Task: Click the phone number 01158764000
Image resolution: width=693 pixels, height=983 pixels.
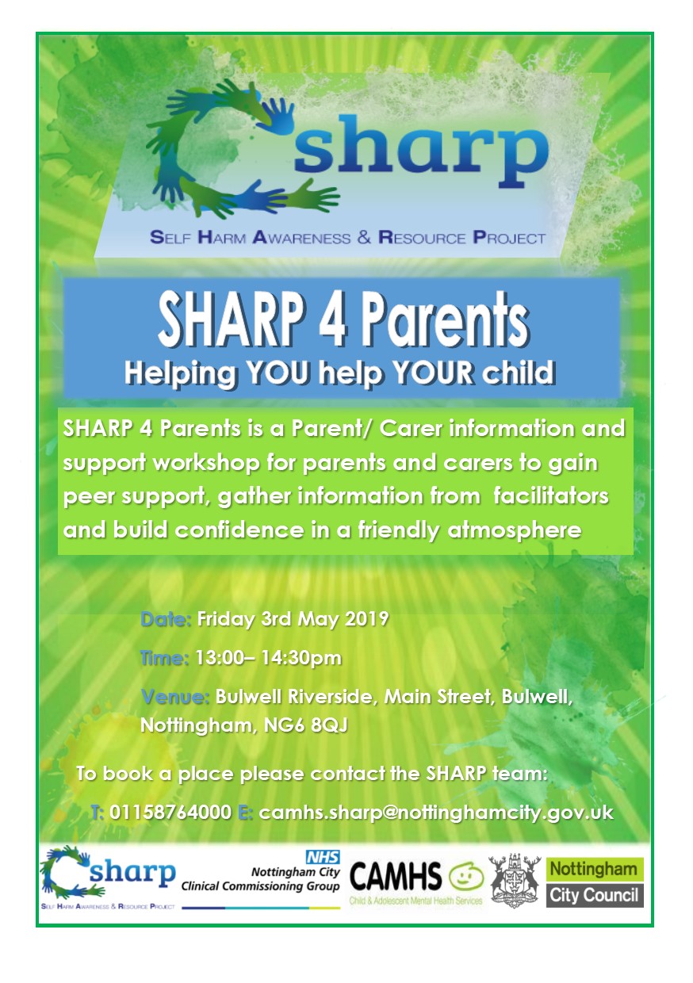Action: (170, 813)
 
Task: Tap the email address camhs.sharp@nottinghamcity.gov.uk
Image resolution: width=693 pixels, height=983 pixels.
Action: (436, 813)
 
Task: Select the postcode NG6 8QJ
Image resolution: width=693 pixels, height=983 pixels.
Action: (305, 725)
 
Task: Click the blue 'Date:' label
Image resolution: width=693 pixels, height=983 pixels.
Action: (166, 619)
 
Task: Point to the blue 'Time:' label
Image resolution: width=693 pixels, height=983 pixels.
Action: (165, 658)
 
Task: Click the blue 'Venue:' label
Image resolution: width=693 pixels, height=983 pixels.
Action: (174, 697)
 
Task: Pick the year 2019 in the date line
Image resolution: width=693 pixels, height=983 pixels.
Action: (367, 619)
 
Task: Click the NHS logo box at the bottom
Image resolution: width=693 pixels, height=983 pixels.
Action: (323, 857)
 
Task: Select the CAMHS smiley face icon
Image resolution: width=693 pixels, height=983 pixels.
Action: (466, 878)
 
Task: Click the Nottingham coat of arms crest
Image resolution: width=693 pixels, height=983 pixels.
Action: (515, 880)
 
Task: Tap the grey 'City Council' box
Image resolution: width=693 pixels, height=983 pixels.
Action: (595, 895)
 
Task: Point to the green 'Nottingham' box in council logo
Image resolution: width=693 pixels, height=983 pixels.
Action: (595, 870)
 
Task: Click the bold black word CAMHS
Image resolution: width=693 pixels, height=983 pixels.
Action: (396, 876)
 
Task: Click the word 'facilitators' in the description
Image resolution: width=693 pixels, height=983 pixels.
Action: (551, 496)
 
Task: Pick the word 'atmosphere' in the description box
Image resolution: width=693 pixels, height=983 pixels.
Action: (515, 530)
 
